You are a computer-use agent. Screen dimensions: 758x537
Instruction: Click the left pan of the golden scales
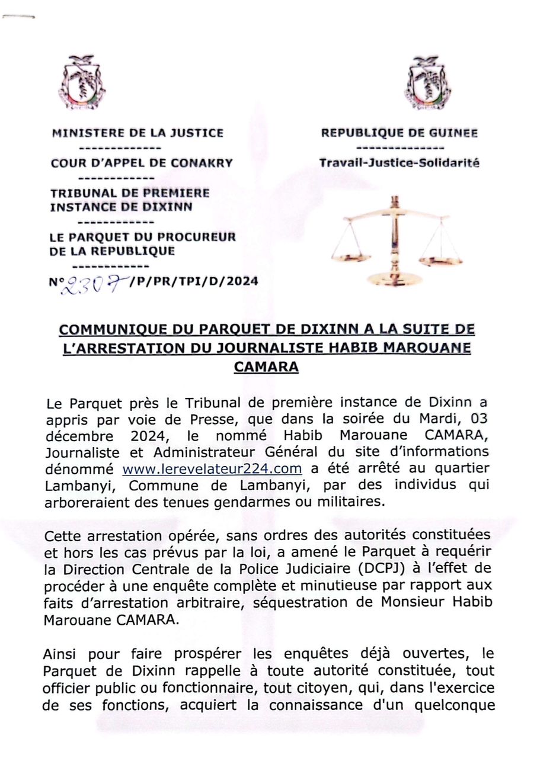tap(351, 256)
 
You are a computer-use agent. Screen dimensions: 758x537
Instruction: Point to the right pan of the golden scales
tap(440, 259)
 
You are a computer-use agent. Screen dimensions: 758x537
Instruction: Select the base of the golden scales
tap(394, 279)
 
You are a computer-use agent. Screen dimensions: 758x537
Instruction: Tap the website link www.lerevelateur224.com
tap(212, 469)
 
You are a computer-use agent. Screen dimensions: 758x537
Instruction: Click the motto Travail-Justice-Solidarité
tap(399, 163)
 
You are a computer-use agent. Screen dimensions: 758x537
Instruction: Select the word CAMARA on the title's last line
tap(266, 367)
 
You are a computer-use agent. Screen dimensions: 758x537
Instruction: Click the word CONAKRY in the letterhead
tap(202, 163)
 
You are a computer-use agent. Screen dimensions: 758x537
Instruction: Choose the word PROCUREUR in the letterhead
tap(204, 237)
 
